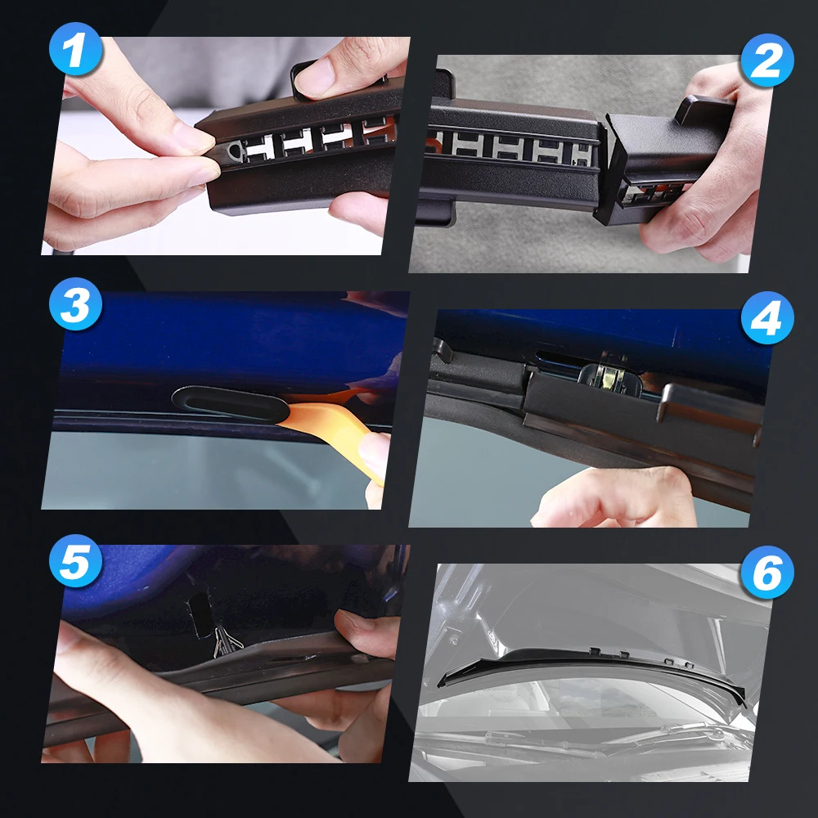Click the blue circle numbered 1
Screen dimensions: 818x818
75,49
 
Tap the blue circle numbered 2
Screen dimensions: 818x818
767,60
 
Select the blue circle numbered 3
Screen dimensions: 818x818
75,303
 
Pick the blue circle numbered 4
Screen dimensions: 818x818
767,317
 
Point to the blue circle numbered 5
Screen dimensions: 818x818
75,561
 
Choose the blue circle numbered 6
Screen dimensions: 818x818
767,573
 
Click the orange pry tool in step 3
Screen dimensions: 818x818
334,423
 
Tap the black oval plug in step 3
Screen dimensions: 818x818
230,404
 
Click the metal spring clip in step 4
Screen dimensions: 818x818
609,376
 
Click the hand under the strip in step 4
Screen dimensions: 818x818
616,496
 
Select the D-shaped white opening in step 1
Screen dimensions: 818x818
236,151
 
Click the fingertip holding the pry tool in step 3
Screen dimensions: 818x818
375,453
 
